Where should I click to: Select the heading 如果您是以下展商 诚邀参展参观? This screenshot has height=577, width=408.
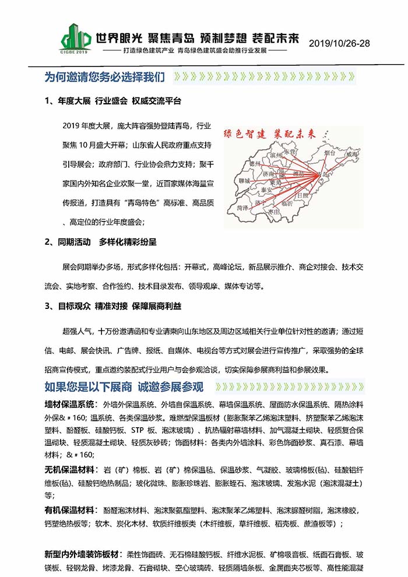click(x=124, y=387)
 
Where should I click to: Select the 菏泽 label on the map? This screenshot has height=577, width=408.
click(x=244, y=207)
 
